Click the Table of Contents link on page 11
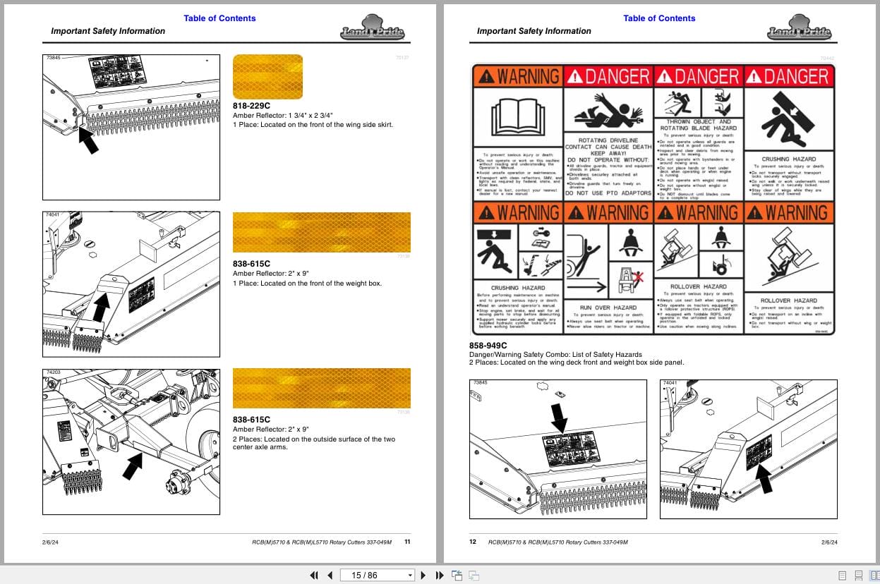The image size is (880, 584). pos(219,18)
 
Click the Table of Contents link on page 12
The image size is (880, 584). pos(659,18)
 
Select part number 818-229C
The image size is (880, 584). pos(251,106)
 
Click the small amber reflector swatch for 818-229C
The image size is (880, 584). pos(267,76)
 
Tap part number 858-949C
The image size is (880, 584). pos(488,346)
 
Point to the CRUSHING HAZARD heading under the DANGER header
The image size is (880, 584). pos(789,159)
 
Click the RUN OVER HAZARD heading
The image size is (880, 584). pos(608,308)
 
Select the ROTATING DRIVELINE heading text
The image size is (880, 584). pos(608,140)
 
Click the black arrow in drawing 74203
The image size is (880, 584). pos(132,466)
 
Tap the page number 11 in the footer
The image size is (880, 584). pos(407,542)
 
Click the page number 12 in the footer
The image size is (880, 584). pos(474,542)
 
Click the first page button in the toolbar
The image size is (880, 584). pos(314,575)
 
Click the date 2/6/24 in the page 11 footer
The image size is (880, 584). pos(50,542)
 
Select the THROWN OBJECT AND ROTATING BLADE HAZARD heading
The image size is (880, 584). pos(698,125)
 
